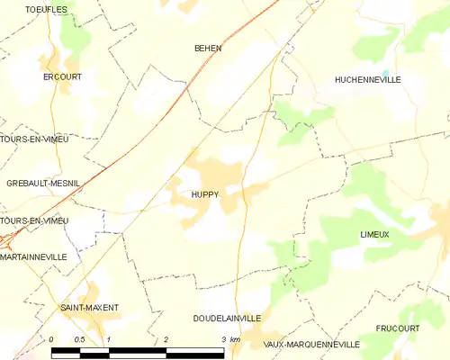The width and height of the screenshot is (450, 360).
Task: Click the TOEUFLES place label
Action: [x=22, y=9]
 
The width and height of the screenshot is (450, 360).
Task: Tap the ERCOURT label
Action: [x=63, y=76]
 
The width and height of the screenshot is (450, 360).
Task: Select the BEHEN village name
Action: [x=208, y=49]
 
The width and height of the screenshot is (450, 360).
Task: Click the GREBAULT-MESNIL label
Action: [x=41, y=183]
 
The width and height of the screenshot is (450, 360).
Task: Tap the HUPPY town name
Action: [x=204, y=193]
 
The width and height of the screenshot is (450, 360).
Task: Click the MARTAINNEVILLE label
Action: [x=34, y=256]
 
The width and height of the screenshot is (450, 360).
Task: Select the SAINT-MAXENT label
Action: [x=89, y=308]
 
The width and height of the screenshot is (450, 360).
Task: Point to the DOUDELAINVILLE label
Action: [x=227, y=318]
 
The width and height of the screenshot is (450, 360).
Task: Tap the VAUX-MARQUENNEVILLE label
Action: [x=311, y=344]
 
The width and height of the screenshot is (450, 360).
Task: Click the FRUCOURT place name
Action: [x=398, y=328]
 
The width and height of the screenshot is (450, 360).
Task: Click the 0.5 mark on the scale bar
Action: [x=79, y=339]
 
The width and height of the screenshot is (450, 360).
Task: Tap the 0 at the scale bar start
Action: [x=52, y=339]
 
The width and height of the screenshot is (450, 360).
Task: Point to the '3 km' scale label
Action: [x=229, y=339]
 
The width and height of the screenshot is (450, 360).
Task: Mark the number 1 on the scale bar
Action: [x=109, y=339]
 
